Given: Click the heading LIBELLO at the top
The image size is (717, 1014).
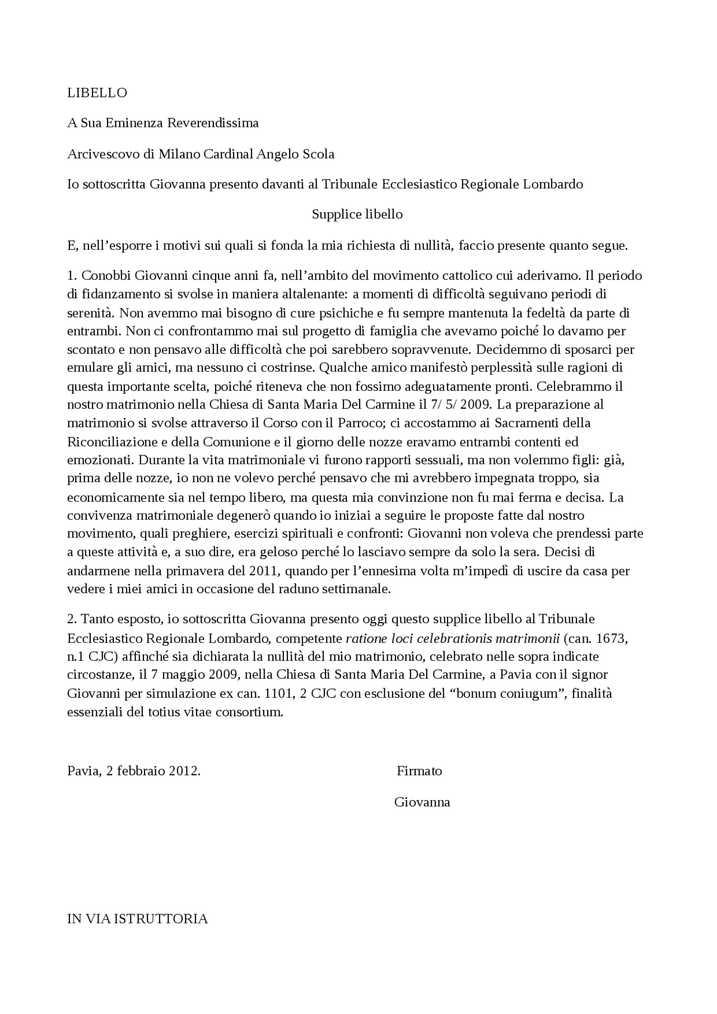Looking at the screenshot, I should pos(97,93).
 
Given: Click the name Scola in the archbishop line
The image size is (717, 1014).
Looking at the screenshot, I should pos(318,154).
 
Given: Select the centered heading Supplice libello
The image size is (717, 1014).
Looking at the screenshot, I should pos(357,214).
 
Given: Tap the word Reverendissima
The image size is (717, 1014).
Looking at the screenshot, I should pos(213,123).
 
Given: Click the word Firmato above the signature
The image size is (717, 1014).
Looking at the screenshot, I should pos(419,771).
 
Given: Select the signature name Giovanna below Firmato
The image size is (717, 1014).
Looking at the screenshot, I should pos(422,802).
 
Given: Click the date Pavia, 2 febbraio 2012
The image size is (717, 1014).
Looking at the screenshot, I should pos(133,771).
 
